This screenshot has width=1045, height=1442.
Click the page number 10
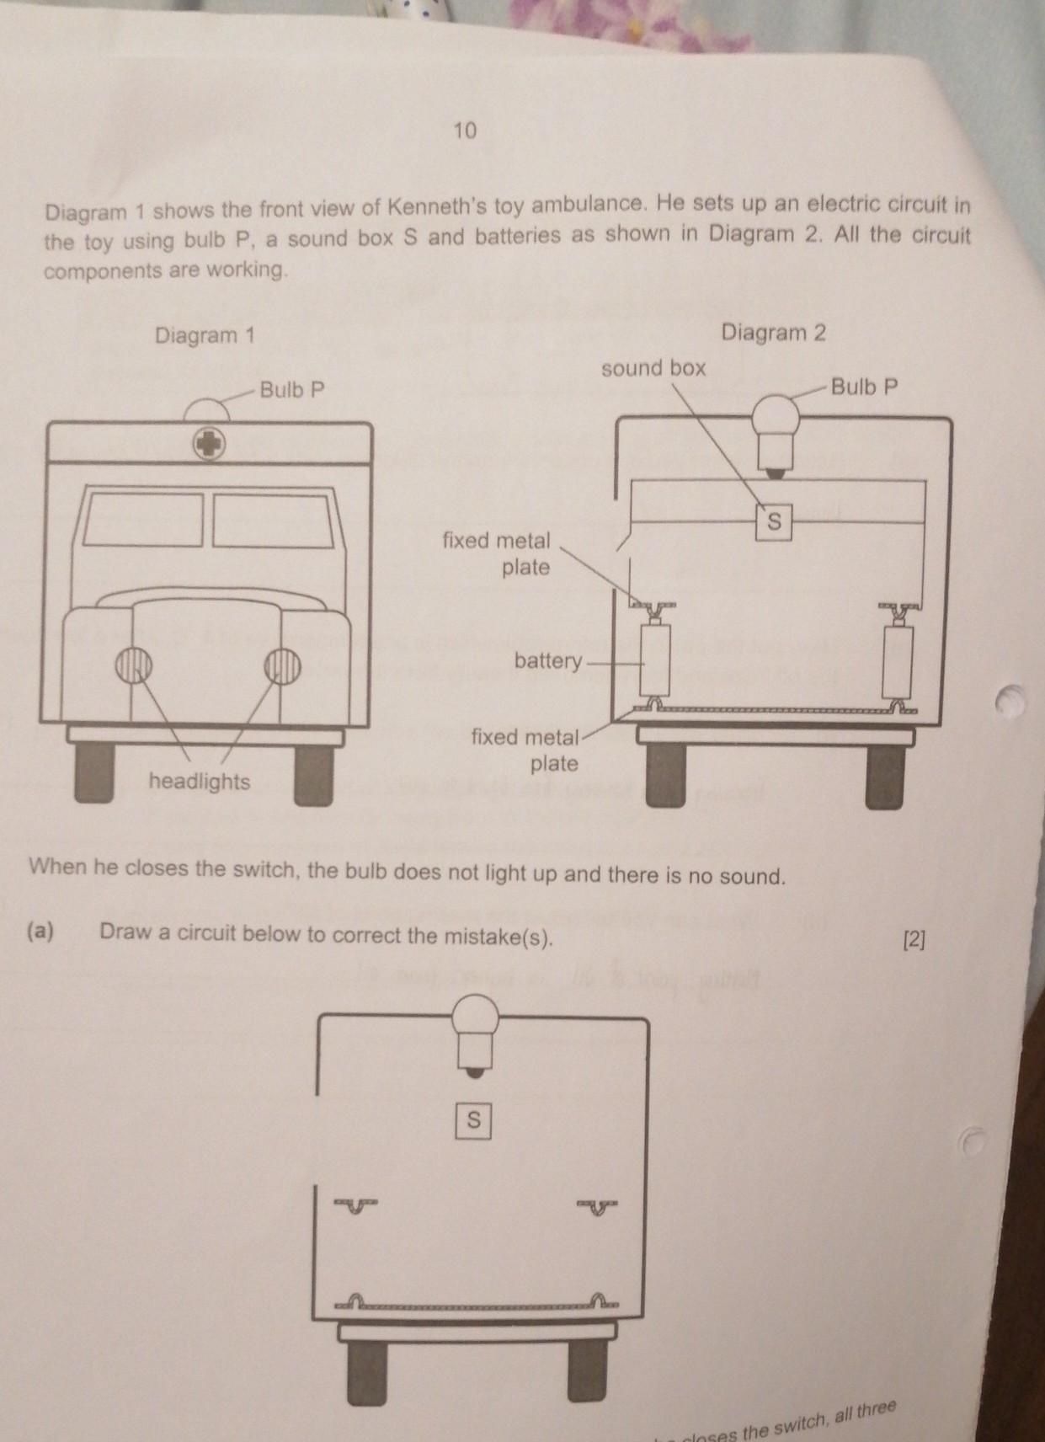(x=465, y=131)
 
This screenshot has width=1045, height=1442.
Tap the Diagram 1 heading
(x=205, y=335)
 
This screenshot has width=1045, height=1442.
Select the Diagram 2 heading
(x=773, y=332)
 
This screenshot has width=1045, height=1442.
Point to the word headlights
(x=200, y=781)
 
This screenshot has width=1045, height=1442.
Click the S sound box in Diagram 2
(x=775, y=521)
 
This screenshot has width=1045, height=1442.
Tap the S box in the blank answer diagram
(x=473, y=1120)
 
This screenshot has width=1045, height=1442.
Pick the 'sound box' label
(x=653, y=368)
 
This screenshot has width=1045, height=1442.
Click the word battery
(x=548, y=661)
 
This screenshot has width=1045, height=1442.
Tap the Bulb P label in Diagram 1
(x=292, y=389)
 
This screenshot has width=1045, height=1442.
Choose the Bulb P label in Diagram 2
(x=864, y=387)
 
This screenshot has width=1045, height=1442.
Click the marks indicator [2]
(x=914, y=941)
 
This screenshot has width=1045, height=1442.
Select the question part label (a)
(x=40, y=932)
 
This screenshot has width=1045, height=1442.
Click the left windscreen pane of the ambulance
(x=143, y=521)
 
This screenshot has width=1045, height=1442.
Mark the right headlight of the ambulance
(x=282, y=665)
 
